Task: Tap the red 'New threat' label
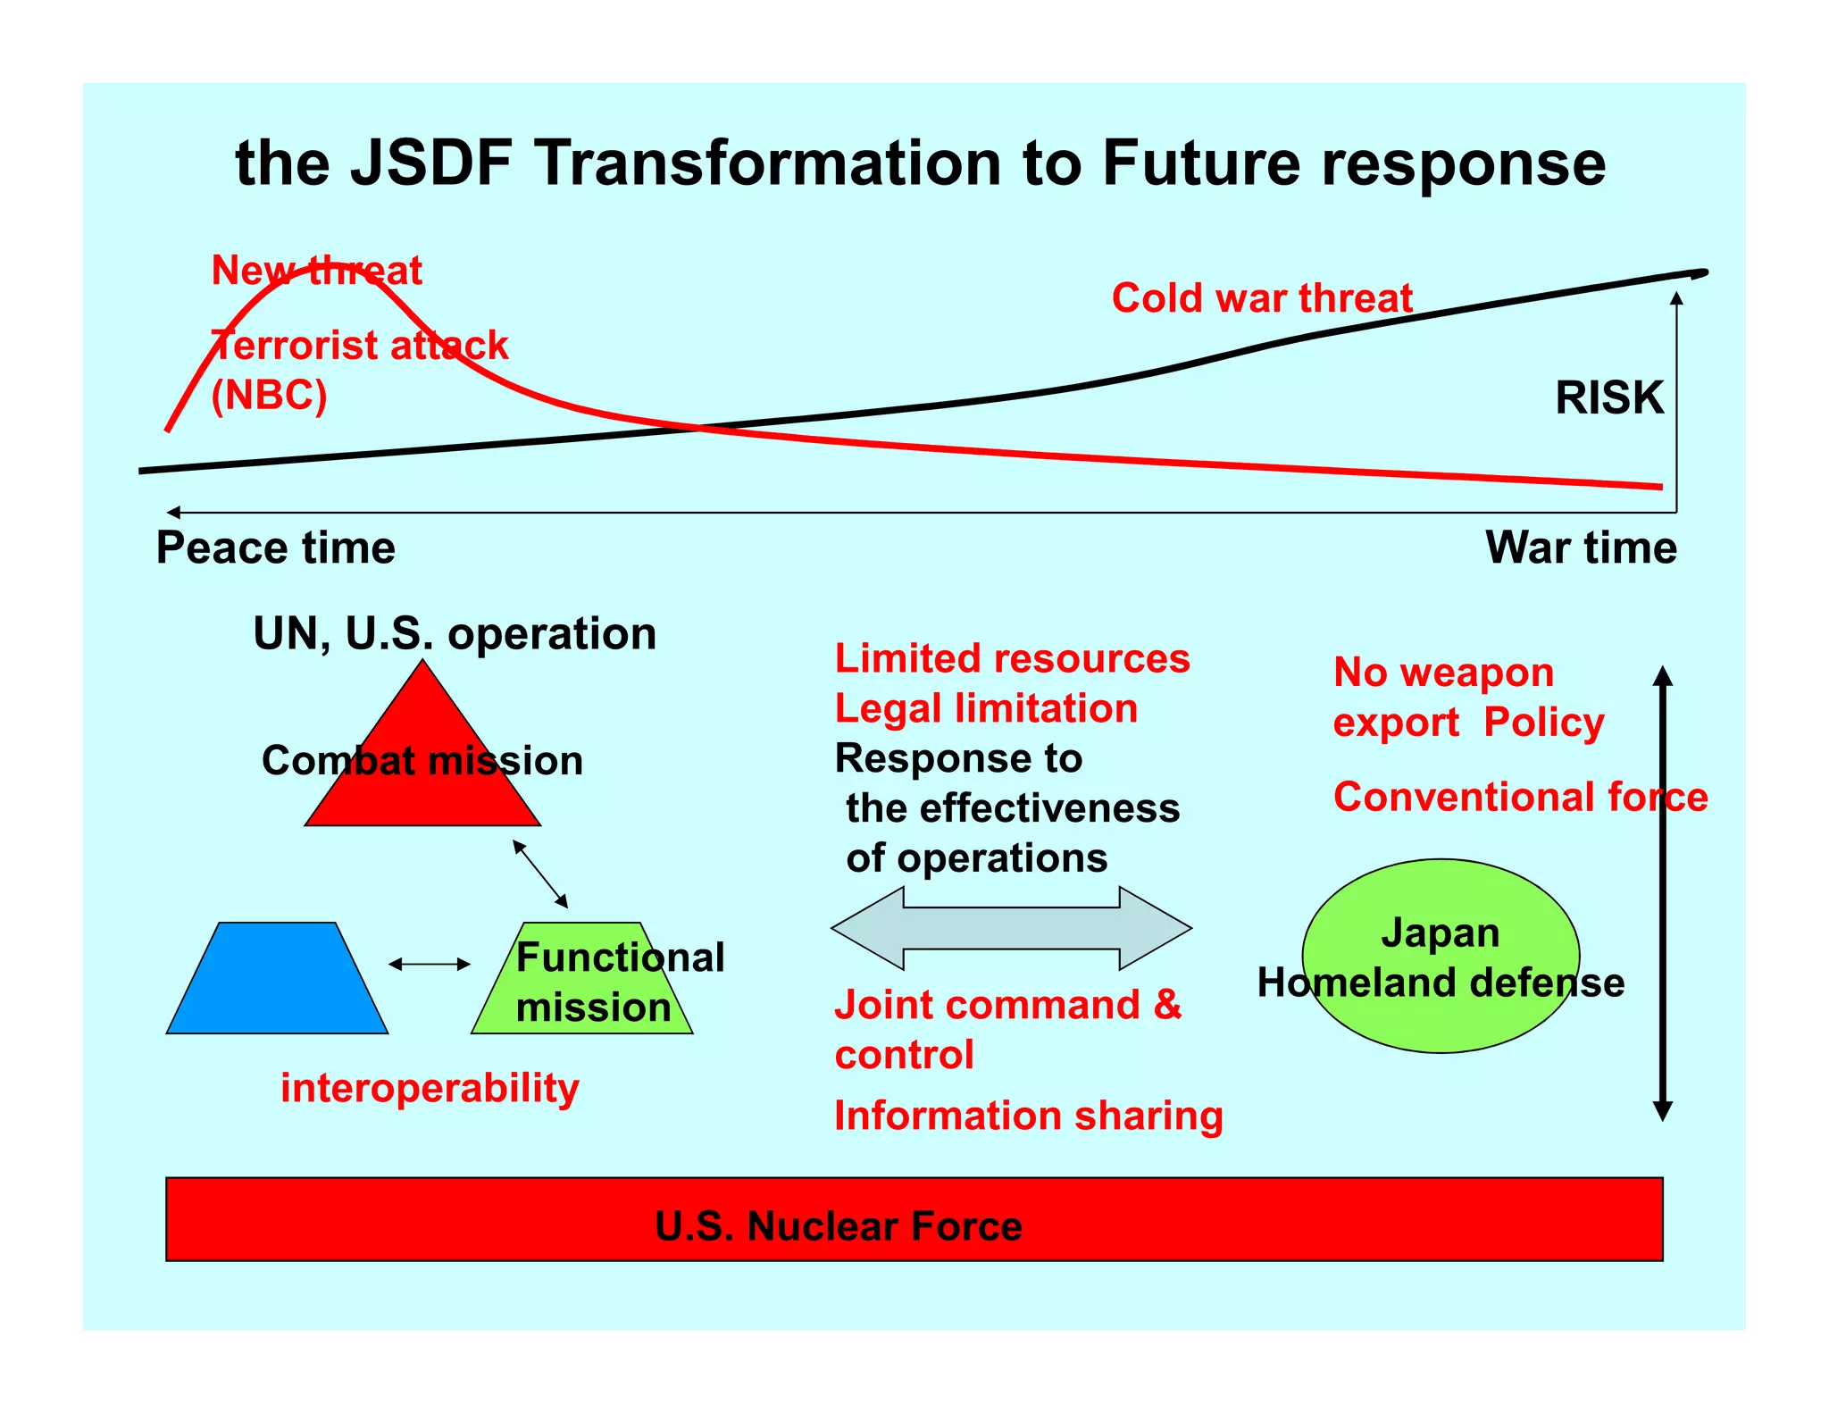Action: click(316, 270)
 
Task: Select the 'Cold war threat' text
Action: click(1261, 298)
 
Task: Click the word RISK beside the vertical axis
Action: click(1608, 397)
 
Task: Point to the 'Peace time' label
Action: click(275, 548)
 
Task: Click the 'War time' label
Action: click(1580, 548)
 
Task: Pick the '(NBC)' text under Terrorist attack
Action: click(269, 395)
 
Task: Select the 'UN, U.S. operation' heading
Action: click(455, 634)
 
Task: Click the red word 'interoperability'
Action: click(430, 1088)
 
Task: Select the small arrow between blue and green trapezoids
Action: click(430, 964)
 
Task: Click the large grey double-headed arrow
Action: click(1011, 929)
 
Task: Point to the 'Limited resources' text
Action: click(1012, 659)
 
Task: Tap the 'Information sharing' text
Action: click(1028, 1116)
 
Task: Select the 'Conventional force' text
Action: click(1519, 797)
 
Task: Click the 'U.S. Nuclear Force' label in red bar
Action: click(838, 1226)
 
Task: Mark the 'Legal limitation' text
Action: click(986, 709)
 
